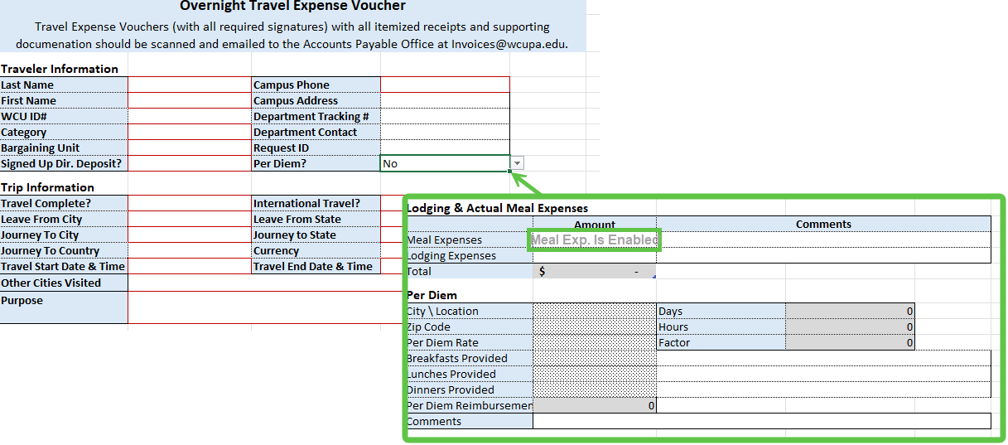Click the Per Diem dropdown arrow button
518,163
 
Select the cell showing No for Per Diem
445,163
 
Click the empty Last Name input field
190,85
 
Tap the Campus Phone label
292,85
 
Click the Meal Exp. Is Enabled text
595,239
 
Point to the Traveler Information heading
60,69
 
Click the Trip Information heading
48,187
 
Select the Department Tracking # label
311,116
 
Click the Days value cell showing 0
850,312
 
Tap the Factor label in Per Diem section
674,343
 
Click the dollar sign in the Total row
542,271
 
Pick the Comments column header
823,224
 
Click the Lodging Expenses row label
451,255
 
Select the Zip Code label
428,327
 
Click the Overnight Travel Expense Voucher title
292,6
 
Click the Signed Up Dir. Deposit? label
61,163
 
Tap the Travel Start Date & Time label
63,266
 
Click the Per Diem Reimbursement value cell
595,406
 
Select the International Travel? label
306,204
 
